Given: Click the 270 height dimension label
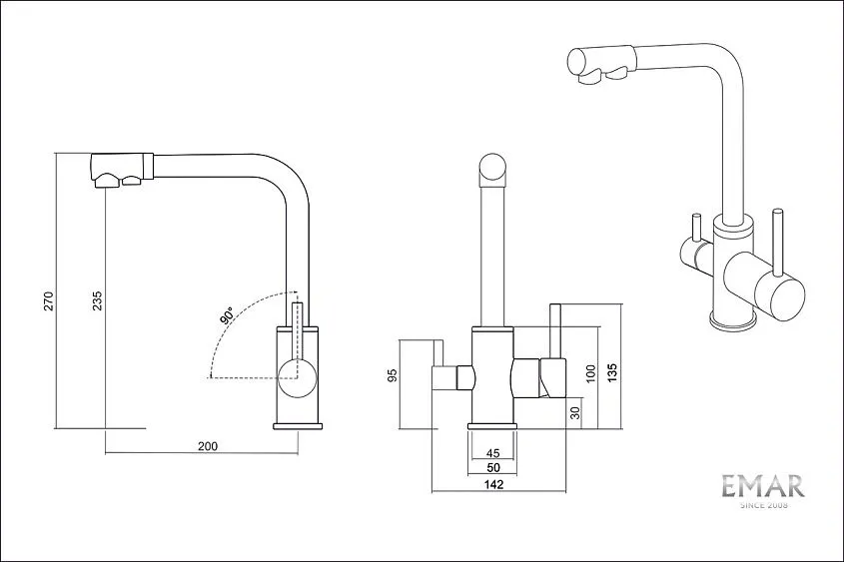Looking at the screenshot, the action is [49, 301].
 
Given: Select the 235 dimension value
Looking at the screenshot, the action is [98, 301].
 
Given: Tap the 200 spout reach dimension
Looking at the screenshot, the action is [208, 446].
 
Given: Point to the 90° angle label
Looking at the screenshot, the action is [227, 315].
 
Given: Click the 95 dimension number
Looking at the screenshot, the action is [393, 375].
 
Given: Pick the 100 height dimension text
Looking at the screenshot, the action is [591, 373].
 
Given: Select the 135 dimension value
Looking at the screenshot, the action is [612, 373].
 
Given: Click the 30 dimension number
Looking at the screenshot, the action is [575, 413].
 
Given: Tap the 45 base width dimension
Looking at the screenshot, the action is [492, 453].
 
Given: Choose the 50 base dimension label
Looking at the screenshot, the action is [492, 468].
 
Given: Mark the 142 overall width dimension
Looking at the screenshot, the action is [493, 484].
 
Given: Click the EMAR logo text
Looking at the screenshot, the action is [763, 486].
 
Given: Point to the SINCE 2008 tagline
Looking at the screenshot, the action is [764, 505].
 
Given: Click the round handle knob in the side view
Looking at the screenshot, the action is [297, 378].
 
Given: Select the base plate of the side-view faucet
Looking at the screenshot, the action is [298, 426].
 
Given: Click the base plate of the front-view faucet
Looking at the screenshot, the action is [492, 426].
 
